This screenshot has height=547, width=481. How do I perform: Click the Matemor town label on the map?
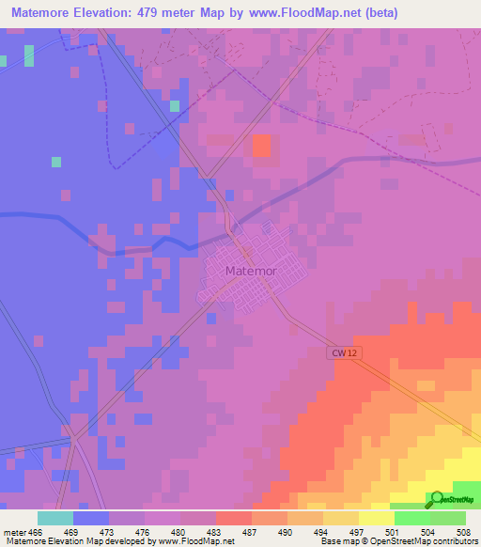click(x=249, y=272)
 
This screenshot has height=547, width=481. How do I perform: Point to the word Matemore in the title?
click(x=41, y=12)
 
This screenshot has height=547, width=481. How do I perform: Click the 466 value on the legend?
click(x=38, y=532)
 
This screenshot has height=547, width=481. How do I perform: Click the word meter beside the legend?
click(x=15, y=532)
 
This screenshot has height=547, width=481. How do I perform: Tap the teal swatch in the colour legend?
click(x=55, y=518)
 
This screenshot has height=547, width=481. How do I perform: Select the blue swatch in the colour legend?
click(x=91, y=518)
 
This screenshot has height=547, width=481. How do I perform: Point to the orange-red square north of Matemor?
click(x=261, y=146)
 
